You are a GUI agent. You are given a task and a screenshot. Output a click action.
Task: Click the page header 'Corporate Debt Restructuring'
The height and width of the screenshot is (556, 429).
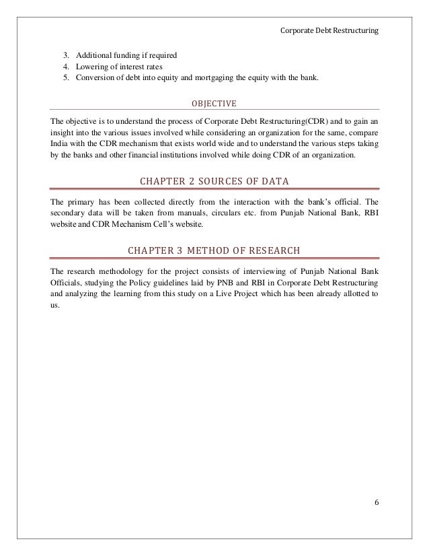tap(332, 31)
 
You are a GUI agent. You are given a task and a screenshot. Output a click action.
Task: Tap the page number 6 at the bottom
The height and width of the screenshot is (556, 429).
tap(375, 501)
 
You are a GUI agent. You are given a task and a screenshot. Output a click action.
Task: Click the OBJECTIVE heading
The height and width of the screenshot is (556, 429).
tap(214, 104)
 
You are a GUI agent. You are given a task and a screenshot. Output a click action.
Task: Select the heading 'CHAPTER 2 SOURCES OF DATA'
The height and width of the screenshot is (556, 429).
tap(214, 182)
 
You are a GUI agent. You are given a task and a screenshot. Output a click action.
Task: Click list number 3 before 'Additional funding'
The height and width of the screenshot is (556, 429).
tap(66, 55)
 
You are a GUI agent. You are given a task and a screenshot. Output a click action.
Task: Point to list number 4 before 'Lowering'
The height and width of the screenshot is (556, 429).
tap(66, 67)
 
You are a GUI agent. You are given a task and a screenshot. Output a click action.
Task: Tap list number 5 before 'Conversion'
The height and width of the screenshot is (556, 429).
tap(66, 79)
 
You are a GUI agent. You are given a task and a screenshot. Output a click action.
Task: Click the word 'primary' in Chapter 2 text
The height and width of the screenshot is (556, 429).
tap(81, 201)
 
